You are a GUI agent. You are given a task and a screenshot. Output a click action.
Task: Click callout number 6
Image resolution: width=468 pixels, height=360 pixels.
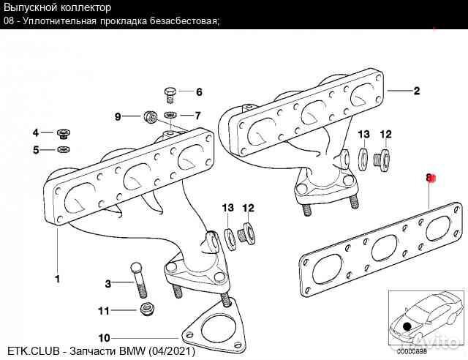(198, 93)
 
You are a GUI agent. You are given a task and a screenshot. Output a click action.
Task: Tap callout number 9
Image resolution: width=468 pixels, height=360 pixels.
(118, 116)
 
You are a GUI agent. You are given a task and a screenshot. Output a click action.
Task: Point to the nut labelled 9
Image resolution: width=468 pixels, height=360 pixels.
(149, 116)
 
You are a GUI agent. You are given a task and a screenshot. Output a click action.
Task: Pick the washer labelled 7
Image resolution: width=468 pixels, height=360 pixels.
(171, 116)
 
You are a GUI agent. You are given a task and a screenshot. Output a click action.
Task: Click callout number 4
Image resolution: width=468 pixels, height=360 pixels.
(35, 132)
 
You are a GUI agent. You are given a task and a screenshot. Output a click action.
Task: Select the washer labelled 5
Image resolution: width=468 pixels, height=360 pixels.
(62, 151)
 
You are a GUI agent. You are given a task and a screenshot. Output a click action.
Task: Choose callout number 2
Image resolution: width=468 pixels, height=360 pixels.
(416, 91)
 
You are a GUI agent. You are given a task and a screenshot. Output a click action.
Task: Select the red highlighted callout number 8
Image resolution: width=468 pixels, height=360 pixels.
(430, 178)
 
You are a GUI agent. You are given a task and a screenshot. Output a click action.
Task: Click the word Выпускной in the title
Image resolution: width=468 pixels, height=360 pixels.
(30, 7)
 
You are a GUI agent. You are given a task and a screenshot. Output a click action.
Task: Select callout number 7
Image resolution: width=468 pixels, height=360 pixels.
(198, 116)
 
